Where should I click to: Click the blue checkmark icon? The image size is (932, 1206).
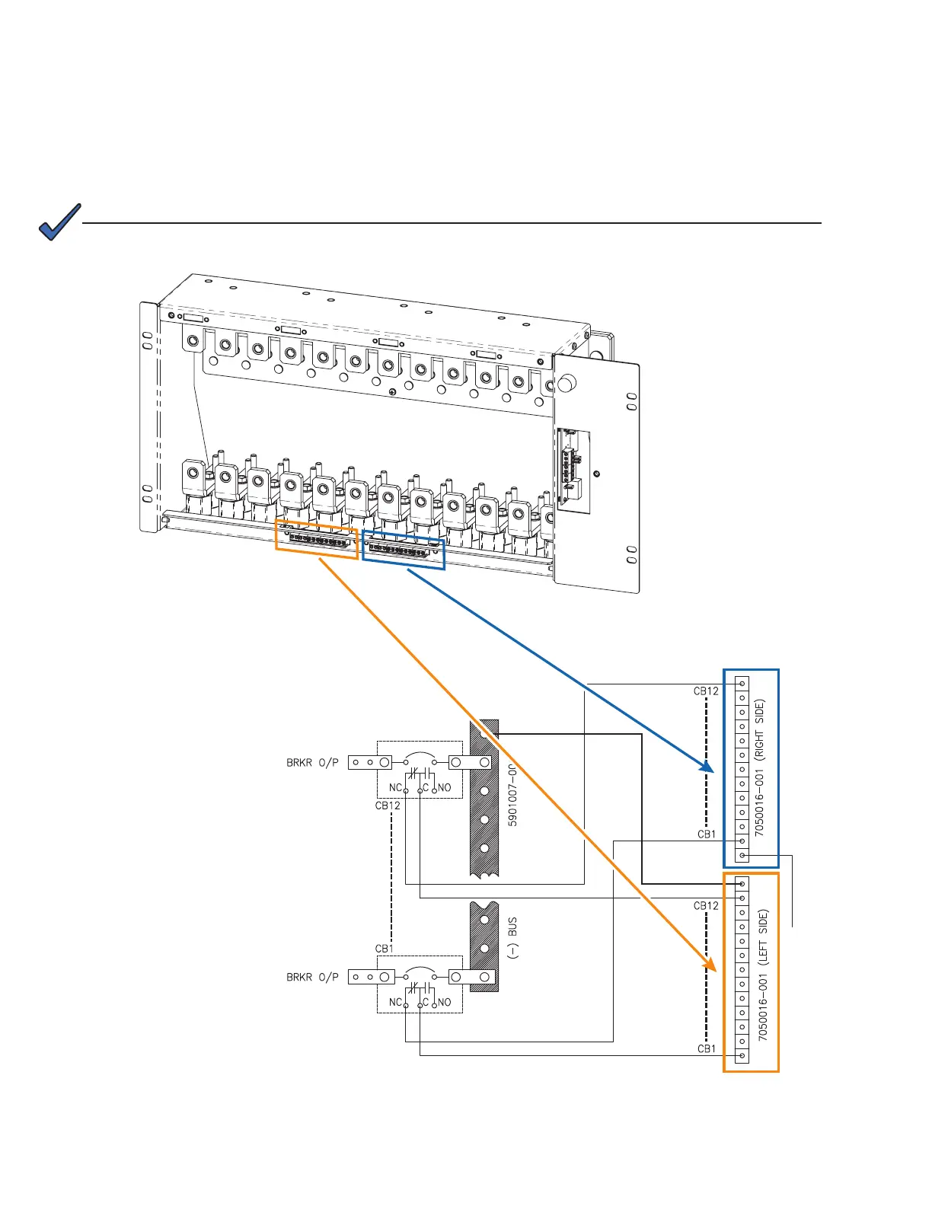(x=59, y=222)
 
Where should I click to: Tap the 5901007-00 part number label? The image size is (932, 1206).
(x=512, y=796)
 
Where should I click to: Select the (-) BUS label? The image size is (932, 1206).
(x=512, y=938)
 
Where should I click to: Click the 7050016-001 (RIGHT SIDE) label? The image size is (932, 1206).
(x=760, y=767)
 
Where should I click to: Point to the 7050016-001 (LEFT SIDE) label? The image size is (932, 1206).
(x=763, y=975)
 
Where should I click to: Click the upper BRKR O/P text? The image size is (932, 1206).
(x=312, y=762)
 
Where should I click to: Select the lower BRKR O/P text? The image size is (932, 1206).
(x=312, y=977)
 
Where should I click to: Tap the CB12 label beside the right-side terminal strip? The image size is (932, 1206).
(x=706, y=691)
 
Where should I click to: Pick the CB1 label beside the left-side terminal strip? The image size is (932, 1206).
(x=707, y=1048)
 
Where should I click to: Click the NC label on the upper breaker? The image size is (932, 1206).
(x=395, y=788)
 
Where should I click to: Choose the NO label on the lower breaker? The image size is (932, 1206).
(x=445, y=1003)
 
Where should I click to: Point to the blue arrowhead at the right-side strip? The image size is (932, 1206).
(x=708, y=767)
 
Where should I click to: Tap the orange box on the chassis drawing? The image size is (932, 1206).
(x=316, y=541)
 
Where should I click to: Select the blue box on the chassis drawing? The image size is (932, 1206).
(x=404, y=550)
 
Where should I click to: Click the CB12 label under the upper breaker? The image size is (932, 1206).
(x=388, y=806)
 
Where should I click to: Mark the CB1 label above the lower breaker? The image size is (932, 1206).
(x=385, y=949)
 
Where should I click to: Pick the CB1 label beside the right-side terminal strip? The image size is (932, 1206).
(x=707, y=834)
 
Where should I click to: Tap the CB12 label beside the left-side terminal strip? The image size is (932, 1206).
(x=706, y=906)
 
